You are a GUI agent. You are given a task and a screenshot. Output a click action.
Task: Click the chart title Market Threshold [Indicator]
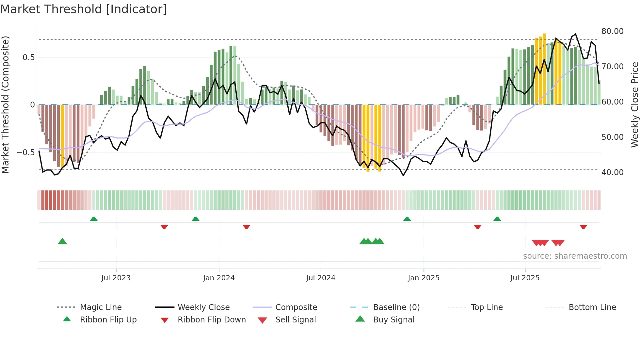[x=84, y=9]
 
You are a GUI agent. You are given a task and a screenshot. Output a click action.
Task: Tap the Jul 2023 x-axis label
[x=116, y=278]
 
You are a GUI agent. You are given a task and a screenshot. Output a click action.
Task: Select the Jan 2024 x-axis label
[x=219, y=278]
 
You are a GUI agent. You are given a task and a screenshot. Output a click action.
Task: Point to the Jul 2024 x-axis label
[x=321, y=278]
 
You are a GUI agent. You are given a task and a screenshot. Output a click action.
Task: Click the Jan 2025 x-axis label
[x=424, y=278]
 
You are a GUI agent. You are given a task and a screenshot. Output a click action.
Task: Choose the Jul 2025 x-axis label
[x=525, y=278]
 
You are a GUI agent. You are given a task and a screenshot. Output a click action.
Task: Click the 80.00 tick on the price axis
[x=612, y=31]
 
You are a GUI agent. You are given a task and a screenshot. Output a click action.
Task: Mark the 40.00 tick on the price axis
[x=612, y=172]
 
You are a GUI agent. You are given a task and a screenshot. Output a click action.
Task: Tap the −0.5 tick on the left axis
[x=25, y=153]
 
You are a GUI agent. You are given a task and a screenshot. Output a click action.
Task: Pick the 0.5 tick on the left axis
[x=28, y=57]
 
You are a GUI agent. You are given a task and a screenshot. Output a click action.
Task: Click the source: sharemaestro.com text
[x=575, y=256]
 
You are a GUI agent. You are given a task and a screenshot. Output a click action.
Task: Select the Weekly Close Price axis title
[x=634, y=105]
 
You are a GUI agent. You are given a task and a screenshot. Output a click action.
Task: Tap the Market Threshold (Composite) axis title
[x=5, y=105]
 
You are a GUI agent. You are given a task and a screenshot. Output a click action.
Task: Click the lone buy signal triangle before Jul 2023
[x=62, y=241]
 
